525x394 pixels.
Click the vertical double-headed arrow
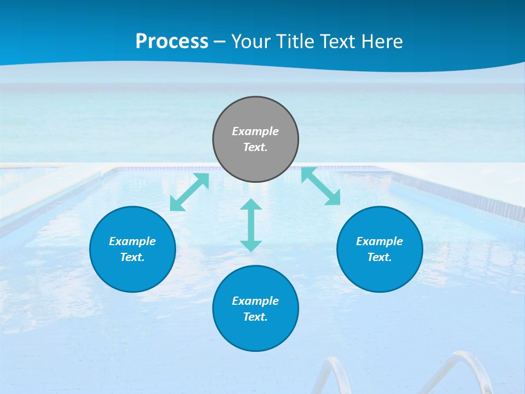(x=251, y=225)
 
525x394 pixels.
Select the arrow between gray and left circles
(x=190, y=192)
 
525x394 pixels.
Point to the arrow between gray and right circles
(x=320, y=186)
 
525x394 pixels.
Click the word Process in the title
(x=172, y=42)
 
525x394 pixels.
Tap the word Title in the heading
(x=296, y=42)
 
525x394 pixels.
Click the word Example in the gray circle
(x=255, y=131)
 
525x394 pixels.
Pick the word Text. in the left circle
(x=132, y=257)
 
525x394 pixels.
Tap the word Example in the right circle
(x=380, y=241)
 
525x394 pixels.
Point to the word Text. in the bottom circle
(x=255, y=317)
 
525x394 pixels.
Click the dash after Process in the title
(x=220, y=42)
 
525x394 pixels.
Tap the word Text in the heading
(x=336, y=42)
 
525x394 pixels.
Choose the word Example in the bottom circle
(x=255, y=301)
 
